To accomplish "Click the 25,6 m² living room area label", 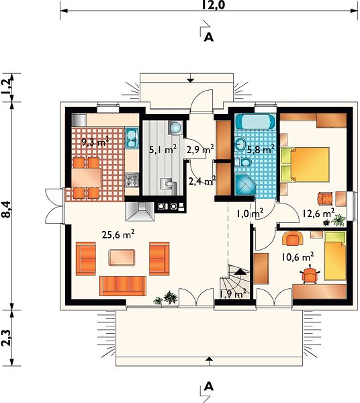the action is [118, 234].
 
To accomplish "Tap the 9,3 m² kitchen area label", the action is [95, 142].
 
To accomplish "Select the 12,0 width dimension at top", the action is [213, 5].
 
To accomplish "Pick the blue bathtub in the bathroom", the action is [255, 122].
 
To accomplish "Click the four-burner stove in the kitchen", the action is [132, 180].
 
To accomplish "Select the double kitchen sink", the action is [132, 138].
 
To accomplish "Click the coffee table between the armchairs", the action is [122, 257].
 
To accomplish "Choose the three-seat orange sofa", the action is [123, 286].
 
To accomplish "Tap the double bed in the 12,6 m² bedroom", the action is [306, 165].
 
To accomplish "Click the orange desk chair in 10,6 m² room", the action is [310, 275].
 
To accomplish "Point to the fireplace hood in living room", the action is [140, 212].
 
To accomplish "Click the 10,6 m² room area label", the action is [298, 257].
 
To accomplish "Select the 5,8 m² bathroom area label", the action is [261, 149].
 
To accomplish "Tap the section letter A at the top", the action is [209, 38].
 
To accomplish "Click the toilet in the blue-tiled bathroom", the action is [245, 162].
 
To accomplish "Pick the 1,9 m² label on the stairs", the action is [233, 294].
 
